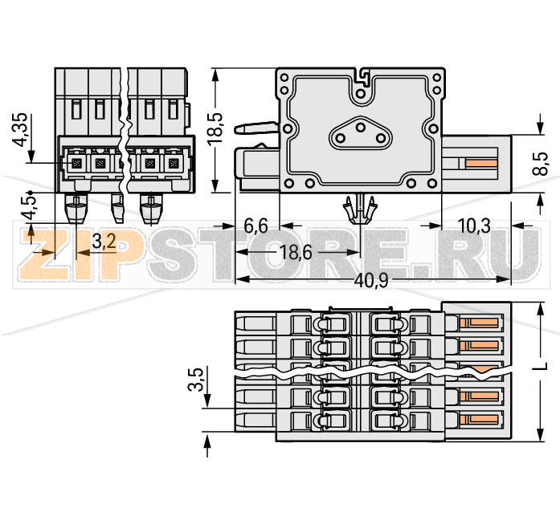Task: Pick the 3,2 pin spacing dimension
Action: click(102, 239)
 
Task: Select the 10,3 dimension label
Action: click(475, 226)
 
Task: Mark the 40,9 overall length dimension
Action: click(372, 280)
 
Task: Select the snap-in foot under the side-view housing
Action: click(361, 209)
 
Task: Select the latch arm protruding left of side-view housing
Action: click(253, 127)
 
